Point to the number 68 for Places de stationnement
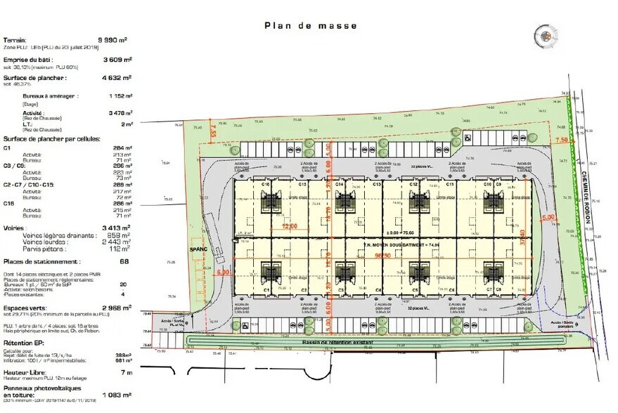pyautogui.click(x=124, y=261)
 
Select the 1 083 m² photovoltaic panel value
pyautogui.click(x=117, y=395)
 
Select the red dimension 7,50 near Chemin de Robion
pyautogui.click(x=561, y=141)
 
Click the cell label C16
pyautogui.click(x=266, y=184)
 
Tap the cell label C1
pyautogui.click(x=266, y=289)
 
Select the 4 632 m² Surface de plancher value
pyautogui.click(x=117, y=78)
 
